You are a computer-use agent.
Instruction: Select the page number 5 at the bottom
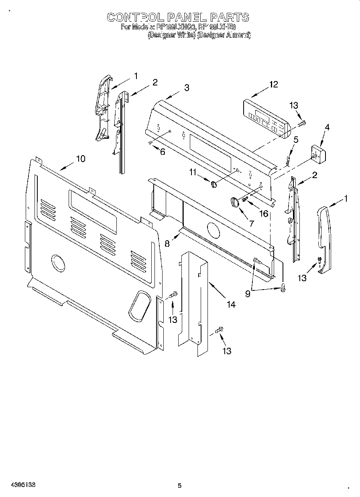179,486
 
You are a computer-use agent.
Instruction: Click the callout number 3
187,88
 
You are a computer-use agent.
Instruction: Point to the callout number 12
273,84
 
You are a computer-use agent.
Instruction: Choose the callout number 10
81,159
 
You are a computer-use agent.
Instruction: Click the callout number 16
264,213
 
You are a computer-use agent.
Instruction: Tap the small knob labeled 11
214,184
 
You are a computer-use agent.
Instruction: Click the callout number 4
327,128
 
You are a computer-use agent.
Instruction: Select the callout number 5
296,140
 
